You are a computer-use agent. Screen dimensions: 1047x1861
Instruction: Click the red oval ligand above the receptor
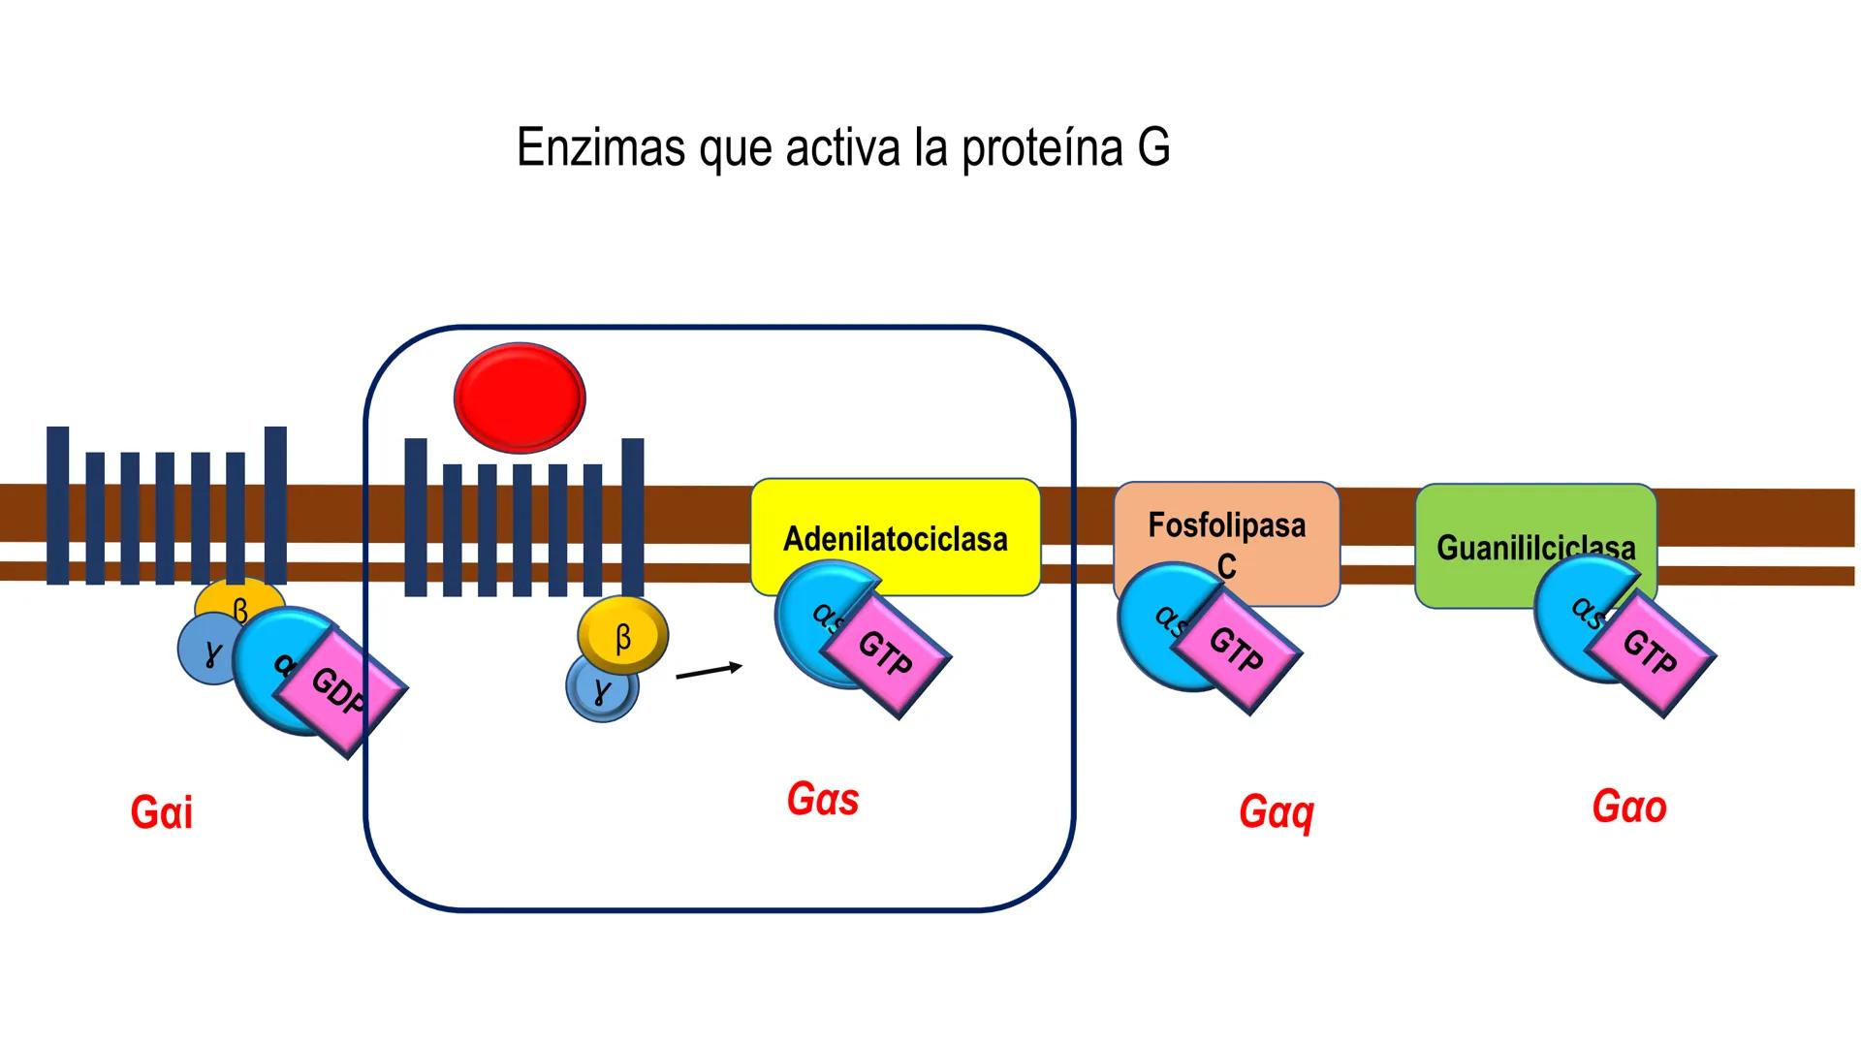click(520, 397)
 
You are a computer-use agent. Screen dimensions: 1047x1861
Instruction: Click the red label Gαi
click(162, 812)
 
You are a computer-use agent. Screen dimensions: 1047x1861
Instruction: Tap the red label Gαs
click(823, 800)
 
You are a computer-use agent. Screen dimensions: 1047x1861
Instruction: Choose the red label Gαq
click(1276, 812)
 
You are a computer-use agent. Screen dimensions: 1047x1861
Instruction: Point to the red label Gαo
click(1629, 808)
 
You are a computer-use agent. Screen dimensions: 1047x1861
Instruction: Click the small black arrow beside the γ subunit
click(710, 671)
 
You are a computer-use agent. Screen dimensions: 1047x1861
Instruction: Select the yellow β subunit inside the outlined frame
click(623, 636)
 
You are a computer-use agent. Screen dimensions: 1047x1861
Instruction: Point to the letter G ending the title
click(1153, 148)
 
